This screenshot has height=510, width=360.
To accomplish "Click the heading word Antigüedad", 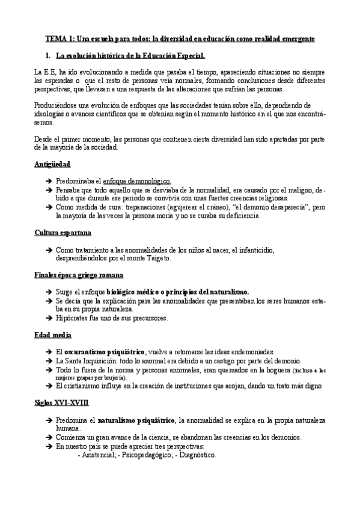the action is tap(53, 164).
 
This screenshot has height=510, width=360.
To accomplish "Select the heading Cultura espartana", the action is tap(63, 233).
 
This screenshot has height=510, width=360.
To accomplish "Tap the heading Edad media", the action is tap(53, 334).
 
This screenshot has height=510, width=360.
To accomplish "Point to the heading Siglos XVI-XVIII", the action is tap(62, 403).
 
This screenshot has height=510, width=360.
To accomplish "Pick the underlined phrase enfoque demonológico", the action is tap(137, 180).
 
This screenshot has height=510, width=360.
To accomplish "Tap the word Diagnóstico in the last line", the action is tap(197, 455).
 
